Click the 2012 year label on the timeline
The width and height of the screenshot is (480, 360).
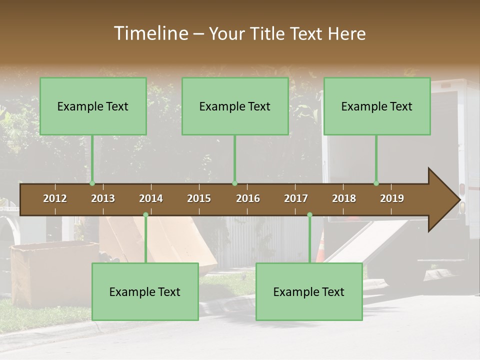point(55,198)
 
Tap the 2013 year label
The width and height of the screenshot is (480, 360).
point(103,198)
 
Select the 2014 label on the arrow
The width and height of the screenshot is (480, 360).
point(151,198)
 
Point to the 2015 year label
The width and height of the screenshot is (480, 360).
point(199,198)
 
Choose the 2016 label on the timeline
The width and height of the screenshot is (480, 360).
point(248,198)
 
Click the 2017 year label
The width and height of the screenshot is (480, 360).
point(296,198)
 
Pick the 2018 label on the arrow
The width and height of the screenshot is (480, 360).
point(344,198)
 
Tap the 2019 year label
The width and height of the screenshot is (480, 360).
point(392,198)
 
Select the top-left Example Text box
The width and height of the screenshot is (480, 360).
point(93,106)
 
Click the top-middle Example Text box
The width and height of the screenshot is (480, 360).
point(235,106)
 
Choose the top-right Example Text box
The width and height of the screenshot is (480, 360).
point(377,106)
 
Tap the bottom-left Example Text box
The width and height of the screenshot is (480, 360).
point(145,292)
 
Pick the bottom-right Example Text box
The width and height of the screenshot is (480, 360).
point(309,292)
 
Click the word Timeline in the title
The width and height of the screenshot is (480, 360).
point(150,33)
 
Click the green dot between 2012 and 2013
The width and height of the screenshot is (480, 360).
point(92,183)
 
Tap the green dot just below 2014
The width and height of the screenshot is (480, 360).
point(145,215)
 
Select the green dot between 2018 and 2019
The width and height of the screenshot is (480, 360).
point(376,183)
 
